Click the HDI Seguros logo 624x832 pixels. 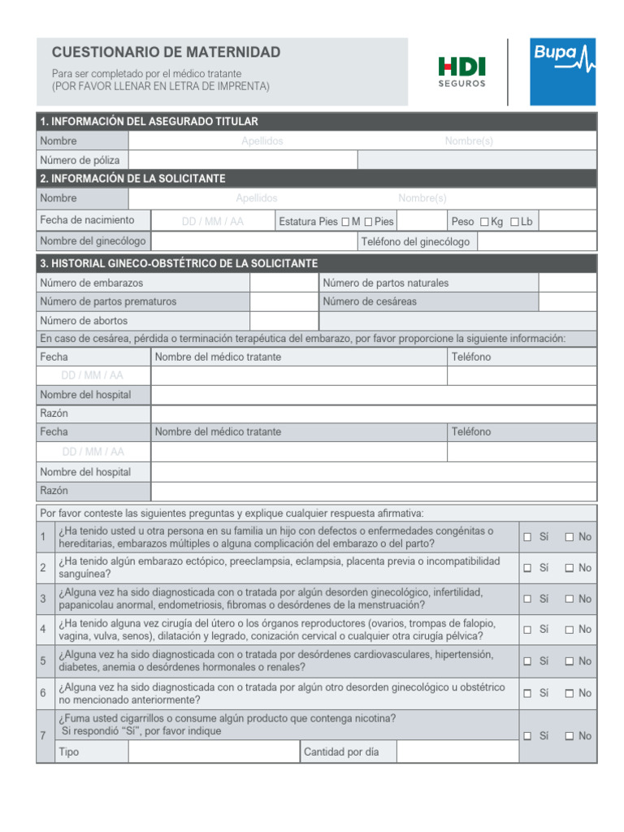coord(461,71)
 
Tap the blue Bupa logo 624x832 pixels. coord(562,71)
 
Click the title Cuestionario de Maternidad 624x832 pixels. coord(166,52)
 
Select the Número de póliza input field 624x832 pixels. coord(242,160)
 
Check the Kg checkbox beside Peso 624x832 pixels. coord(485,222)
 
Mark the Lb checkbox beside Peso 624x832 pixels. coord(514,222)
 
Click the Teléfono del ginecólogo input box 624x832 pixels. coord(536,241)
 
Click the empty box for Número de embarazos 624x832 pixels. coord(283,283)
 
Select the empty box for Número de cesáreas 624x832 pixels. coord(566,301)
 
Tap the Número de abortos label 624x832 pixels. coord(84,321)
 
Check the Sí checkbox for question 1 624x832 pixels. coord(527,537)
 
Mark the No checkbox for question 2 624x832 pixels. coord(570,568)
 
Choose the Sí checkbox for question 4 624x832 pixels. coord(527,630)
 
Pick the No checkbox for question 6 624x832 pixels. coord(570,693)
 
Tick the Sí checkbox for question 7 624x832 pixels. coord(527,736)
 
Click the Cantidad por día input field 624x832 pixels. coord(457,752)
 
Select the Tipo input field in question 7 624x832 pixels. coord(213,752)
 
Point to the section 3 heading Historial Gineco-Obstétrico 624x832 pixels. coord(179,263)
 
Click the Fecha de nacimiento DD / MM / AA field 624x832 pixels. coord(212,221)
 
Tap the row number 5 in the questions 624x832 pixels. coord(43,661)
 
